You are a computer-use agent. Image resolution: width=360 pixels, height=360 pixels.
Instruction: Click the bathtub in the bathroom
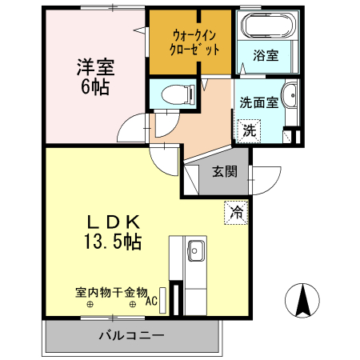[266, 27]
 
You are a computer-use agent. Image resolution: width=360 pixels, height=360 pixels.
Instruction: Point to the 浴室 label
[266, 55]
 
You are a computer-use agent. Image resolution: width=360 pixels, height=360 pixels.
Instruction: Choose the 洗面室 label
[258, 102]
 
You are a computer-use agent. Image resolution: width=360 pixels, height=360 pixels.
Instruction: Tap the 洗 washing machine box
[250, 130]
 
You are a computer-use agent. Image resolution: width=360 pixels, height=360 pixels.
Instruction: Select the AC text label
[151, 302]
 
